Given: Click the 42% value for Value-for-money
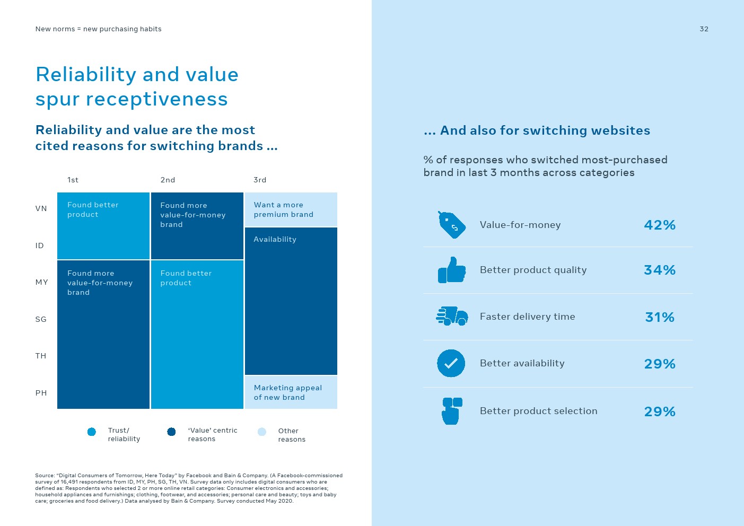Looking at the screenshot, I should tap(660, 225).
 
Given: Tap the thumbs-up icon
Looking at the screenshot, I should tap(452, 270).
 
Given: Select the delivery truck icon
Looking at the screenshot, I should tap(452, 316).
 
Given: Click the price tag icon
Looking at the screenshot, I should tap(452, 225).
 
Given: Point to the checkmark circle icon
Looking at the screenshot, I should tap(451, 363).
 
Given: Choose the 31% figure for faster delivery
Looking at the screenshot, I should tap(660, 317).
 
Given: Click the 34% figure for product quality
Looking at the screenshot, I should tap(660, 270).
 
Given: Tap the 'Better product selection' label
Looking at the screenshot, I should tap(538, 411).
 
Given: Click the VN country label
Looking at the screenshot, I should tap(41, 208).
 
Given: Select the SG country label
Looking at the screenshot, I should tap(41, 319).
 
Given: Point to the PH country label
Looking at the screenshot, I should tap(41, 393).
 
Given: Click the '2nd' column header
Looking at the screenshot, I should tap(168, 180).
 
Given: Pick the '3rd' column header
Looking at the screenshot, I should tap(260, 180).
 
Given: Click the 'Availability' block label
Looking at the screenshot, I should tap(275, 239).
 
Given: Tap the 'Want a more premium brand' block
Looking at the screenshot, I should tap(291, 209).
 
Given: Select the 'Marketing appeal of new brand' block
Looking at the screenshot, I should tap(291, 392).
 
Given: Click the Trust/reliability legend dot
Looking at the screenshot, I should tap(92, 432).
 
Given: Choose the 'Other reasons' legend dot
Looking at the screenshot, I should tap(262, 432).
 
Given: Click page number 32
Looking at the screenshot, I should tap(704, 29).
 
